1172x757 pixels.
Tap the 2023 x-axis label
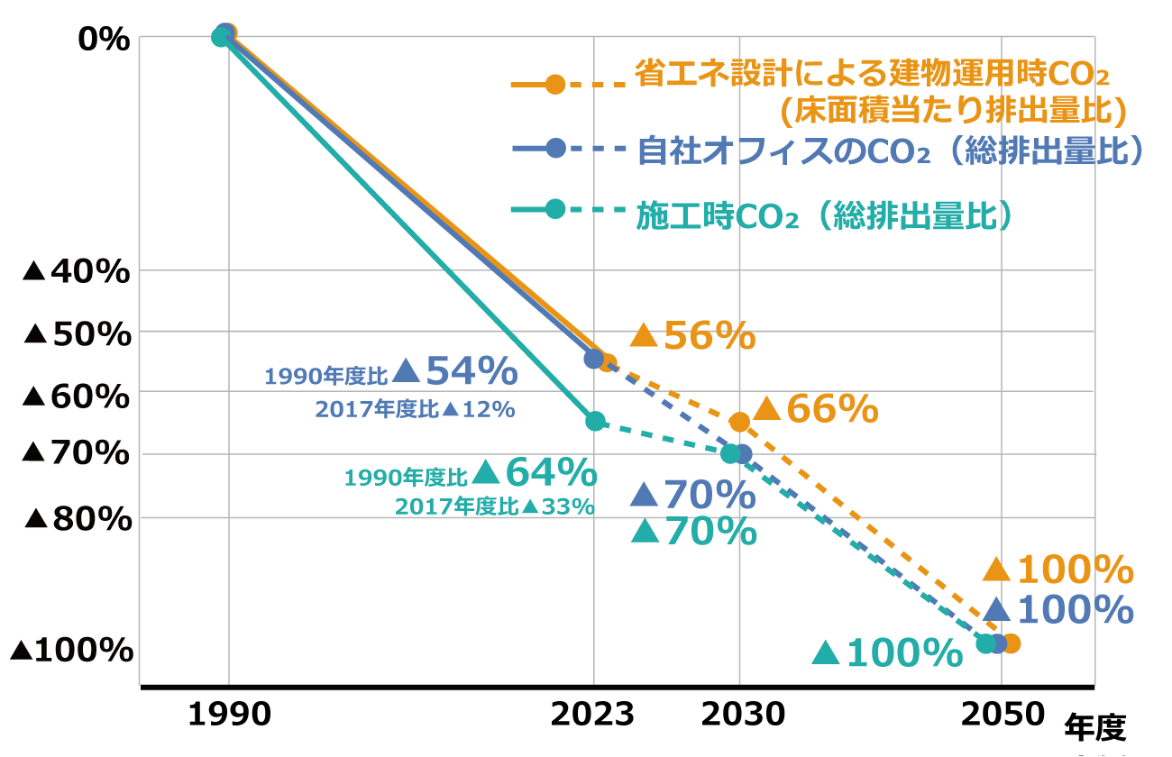(x=593, y=716)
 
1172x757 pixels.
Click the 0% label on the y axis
(x=105, y=41)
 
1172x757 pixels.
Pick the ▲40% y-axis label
(x=77, y=271)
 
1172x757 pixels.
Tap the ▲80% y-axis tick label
(x=77, y=519)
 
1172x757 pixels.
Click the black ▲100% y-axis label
(x=71, y=650)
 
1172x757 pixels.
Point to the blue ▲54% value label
(x=455, y=370)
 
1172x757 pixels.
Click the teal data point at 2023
(x=595, y=421)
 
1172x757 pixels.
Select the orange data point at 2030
(x=739, y=422)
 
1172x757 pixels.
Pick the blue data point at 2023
(x=594, y=359)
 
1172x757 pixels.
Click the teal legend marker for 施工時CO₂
(x=555, y=209)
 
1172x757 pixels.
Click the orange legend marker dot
(x=555, y=85)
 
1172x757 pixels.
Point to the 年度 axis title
(x=1096, y=725)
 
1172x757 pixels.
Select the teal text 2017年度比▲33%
(x=494, y=506)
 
